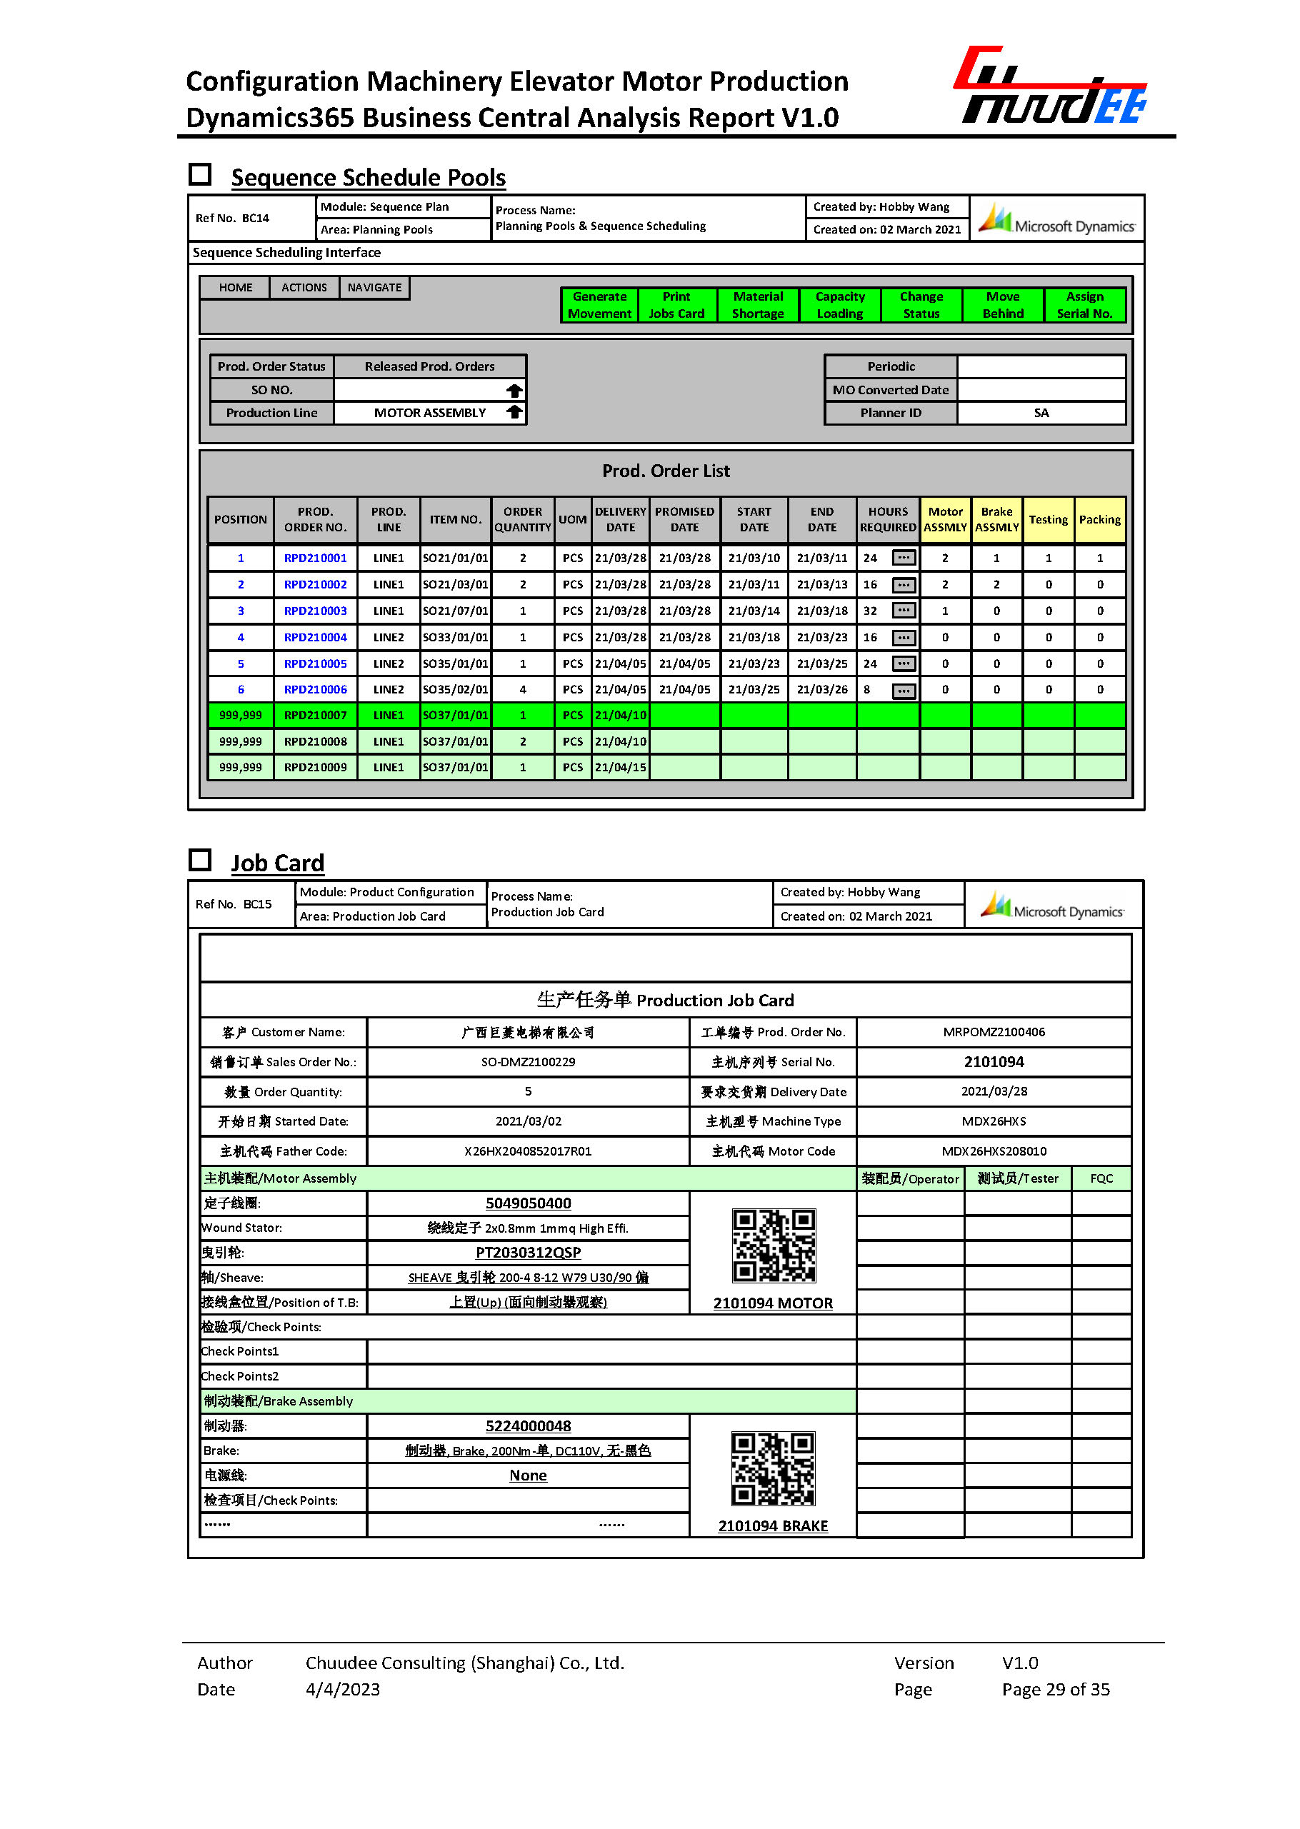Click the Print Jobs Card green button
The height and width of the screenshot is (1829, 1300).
click(676, 305)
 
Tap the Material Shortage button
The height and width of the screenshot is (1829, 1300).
click(757, 305)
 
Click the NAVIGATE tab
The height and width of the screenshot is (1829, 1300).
click(374, 287)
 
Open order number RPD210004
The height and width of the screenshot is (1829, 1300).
click(316, 637)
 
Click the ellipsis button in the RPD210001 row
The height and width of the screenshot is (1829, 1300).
click(903, 558)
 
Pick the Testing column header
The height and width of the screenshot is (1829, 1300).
click(1048, 519)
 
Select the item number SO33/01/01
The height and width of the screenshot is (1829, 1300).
click(455, 637)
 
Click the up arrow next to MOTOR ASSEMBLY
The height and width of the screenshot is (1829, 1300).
click(514, 412)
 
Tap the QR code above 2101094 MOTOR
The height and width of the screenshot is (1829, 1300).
click(774, 1245)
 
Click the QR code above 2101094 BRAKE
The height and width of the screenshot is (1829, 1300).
click(774, 1468)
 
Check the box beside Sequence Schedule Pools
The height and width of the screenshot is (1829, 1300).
click(200, 174)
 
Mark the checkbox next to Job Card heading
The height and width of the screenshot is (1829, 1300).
click(200, 860)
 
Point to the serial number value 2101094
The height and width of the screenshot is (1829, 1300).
click(994, 1061)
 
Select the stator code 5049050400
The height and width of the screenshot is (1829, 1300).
click(528, 1203)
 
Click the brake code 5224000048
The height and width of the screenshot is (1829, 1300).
click(528, 1425)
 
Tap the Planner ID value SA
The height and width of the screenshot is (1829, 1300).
click(1041, 413)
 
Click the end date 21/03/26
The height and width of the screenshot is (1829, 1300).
click(821, 689)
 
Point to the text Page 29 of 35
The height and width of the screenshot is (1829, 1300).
click(1055, 1689)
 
